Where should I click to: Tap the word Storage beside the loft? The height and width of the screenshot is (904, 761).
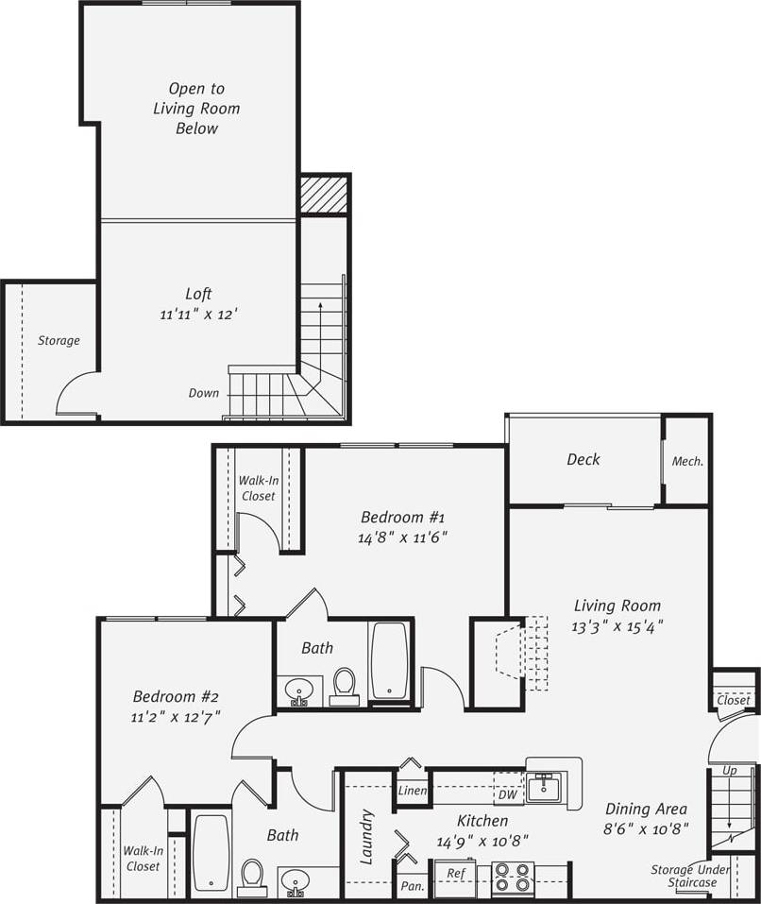[59, 340]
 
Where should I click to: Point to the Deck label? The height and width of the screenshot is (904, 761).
[583, 460]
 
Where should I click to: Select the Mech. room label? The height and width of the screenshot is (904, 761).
[686, 462]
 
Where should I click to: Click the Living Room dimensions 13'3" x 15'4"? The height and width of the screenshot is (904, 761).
[617, 625]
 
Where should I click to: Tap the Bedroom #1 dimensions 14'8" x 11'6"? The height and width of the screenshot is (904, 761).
[402, 537]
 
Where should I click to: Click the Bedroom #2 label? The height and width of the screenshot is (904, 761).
[177, 697]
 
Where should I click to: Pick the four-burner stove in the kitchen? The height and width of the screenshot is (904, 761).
[513, 878]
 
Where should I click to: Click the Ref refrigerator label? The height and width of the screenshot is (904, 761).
[455, 874]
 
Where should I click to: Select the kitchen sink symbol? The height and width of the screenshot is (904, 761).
[544, 786]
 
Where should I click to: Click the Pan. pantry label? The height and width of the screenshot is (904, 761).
[413, 886]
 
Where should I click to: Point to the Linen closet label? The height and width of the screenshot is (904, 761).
[413, 791]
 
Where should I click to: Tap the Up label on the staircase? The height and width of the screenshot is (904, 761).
[729, 771]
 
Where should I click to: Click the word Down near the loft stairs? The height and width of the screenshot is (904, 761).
[203, 393]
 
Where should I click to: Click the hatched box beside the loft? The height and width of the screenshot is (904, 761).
[324, 196]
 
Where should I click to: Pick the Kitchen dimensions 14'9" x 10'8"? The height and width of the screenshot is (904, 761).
[482, 840]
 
